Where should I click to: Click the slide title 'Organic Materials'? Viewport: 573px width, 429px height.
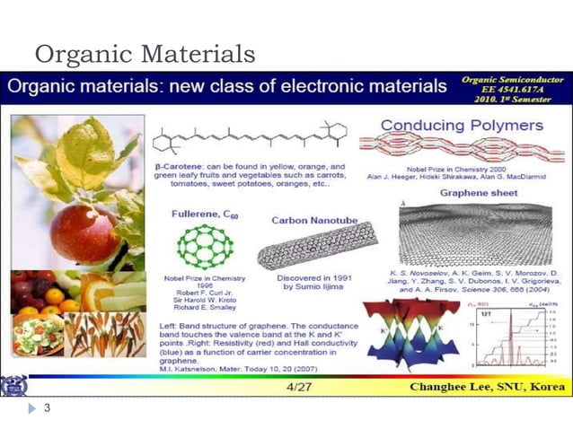145,54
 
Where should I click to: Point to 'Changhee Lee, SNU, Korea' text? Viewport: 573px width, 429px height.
486,388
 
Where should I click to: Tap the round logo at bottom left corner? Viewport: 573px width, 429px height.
14,387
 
